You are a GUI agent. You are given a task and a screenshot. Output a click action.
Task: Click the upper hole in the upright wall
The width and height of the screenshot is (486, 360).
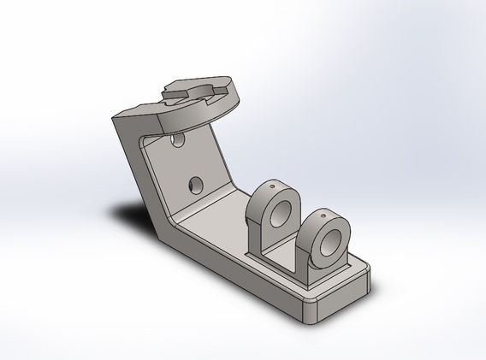pos(178,138)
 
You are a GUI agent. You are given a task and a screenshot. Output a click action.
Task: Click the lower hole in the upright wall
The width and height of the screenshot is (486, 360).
pos(196,184)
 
